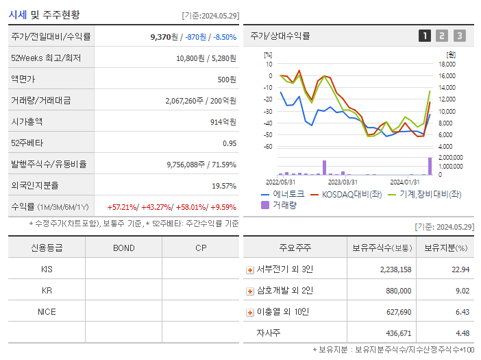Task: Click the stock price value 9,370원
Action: point(165,37)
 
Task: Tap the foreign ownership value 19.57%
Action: point(223,186)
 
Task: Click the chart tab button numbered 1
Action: point(425,36)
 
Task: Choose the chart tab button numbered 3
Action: point(459,36)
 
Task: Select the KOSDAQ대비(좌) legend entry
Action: point(345,194)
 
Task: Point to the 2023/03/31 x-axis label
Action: point(343,182)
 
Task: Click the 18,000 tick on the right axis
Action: point(447,64)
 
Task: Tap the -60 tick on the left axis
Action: point(268,147)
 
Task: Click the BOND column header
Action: point(123,248)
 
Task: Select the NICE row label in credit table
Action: point(47,311)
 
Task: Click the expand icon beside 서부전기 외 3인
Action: point(250,269)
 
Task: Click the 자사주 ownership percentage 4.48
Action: point(462,333)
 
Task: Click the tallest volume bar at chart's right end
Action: point(430,166)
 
